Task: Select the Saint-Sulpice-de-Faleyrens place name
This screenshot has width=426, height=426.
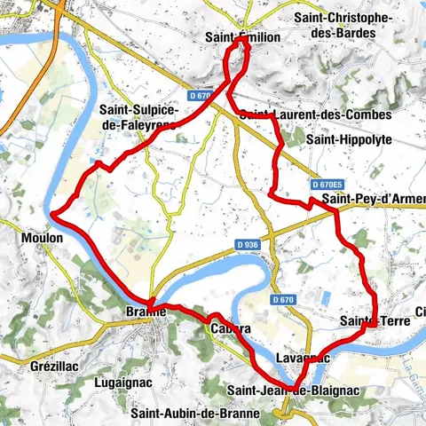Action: coord(139,117)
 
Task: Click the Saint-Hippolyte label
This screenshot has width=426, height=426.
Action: coord(347,139)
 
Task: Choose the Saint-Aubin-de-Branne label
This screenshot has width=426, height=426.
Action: coord(195,413)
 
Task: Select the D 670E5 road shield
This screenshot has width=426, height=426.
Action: coord(327,184)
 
